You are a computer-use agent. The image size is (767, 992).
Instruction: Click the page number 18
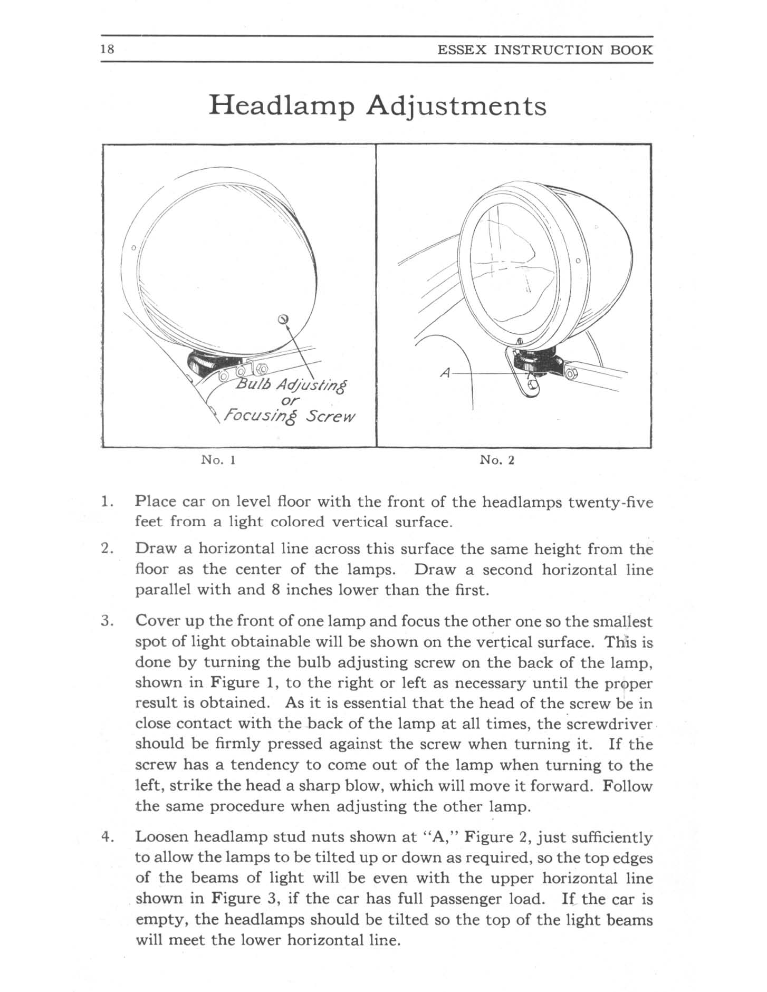[107, 50]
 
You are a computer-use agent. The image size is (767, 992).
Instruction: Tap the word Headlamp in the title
[282, 106]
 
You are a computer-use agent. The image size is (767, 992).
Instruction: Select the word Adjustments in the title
[456, 106]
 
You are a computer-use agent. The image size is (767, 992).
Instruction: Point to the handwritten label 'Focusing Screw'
[290, 416]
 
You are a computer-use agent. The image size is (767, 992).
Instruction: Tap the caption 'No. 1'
[218, 460]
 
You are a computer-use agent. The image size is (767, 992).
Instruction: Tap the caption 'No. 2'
[497, 460]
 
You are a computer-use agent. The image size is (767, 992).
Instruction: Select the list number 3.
[107, 621]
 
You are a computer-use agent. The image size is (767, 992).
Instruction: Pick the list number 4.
[107, 837]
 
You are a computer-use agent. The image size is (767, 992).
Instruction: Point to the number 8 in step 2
[275, 590]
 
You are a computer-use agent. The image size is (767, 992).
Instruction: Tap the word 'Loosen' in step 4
[162, 837]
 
